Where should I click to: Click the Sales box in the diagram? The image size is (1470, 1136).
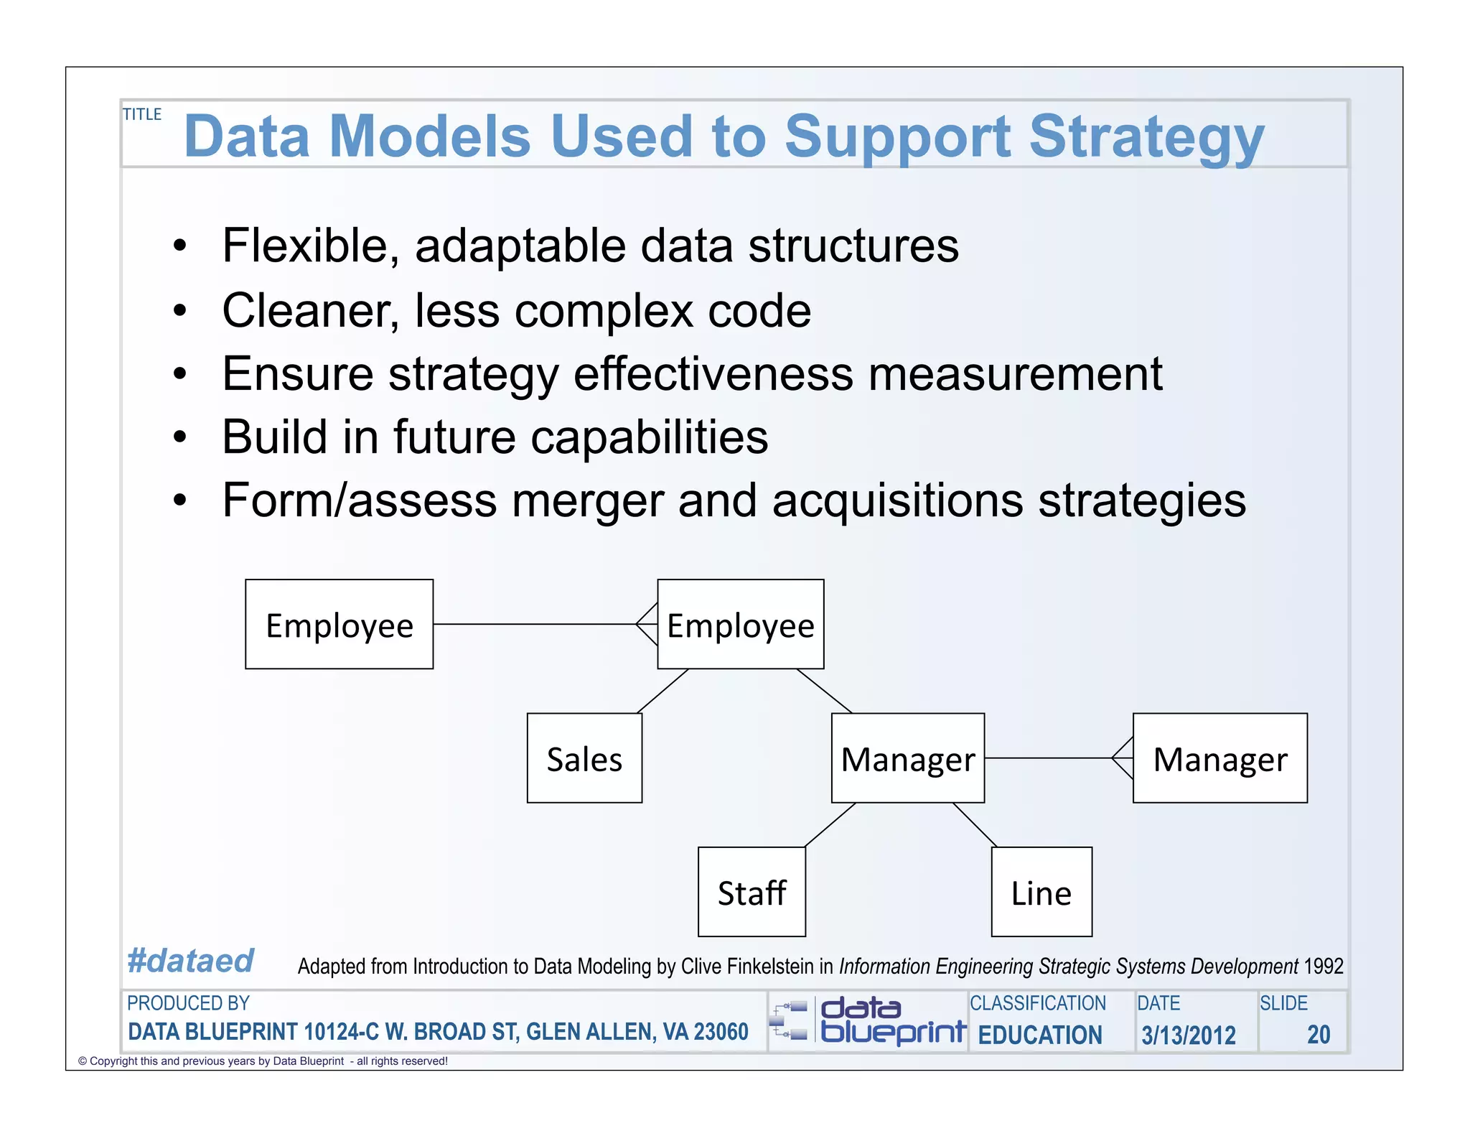coord(584,758)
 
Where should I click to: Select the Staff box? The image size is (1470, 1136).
coord(752,892)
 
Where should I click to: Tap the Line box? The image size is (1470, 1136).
coord(1041,892)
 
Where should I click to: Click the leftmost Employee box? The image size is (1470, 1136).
coord(339,624)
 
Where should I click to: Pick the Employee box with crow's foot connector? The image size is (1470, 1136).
coord(741,624)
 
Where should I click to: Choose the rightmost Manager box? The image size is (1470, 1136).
coord(1219,758)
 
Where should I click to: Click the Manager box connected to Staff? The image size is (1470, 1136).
coord(907,758)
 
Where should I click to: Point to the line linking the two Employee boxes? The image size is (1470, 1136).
coord(535,624)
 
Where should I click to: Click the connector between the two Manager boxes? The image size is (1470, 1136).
coord(1048,758)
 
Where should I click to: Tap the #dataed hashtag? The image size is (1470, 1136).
coord(190,961)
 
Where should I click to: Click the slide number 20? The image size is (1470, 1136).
coord(1319,1035)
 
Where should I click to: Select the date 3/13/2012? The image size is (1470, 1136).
coord(1189,1035)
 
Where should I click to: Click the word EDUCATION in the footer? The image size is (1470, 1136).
coord(1040,1035)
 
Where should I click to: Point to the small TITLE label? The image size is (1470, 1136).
coord(142,114)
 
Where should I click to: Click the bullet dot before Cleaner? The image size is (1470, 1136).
coord(179,311)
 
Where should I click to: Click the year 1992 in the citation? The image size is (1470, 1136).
coord(1324,966)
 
